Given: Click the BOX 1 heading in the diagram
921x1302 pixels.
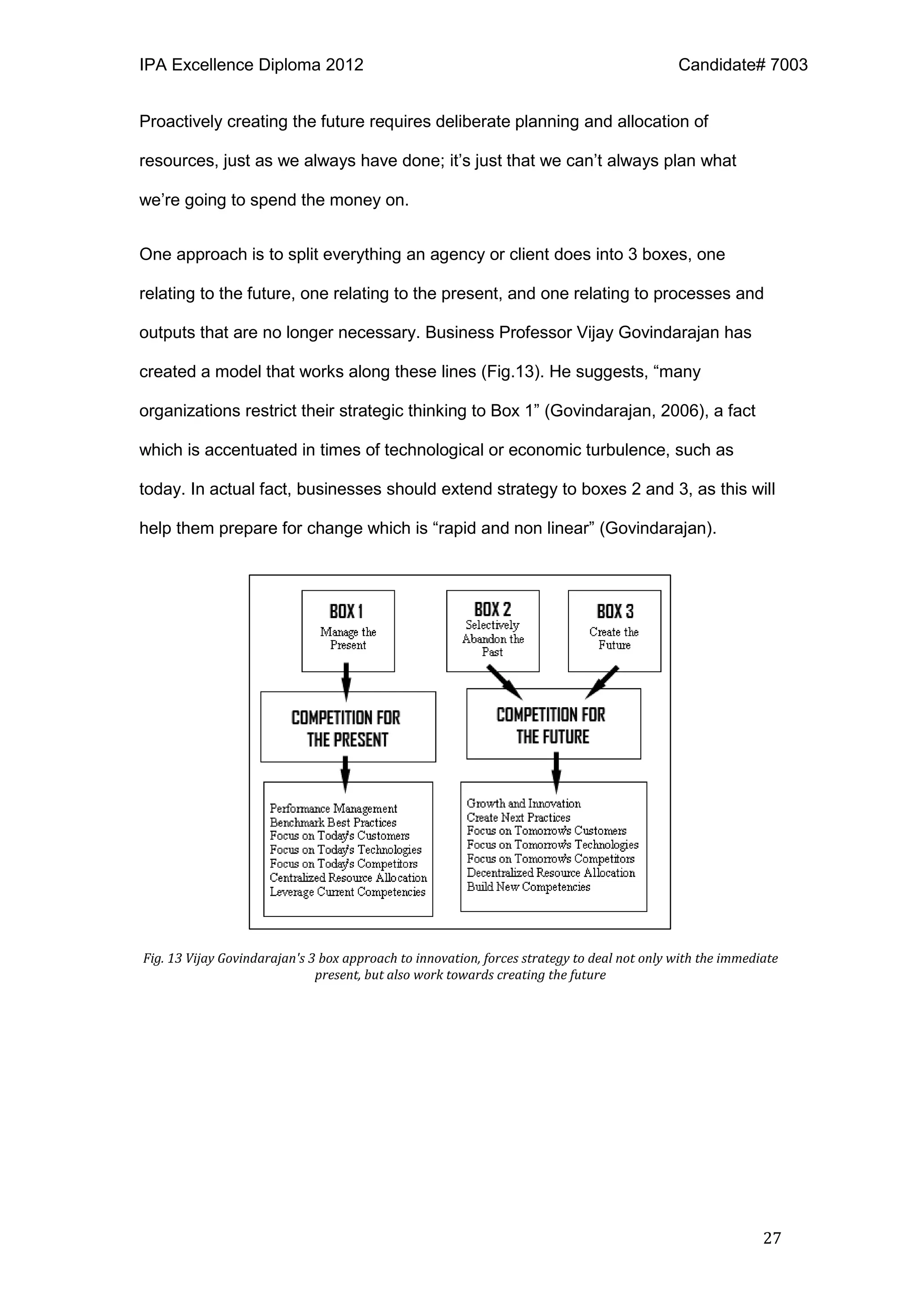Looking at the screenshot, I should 346,611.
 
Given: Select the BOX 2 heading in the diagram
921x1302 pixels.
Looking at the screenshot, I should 492,609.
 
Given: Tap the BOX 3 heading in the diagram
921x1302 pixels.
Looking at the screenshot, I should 615,611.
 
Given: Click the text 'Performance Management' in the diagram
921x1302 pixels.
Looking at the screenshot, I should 333,808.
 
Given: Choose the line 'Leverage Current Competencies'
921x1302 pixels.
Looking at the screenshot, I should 347,891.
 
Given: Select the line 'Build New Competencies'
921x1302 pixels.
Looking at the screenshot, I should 528,886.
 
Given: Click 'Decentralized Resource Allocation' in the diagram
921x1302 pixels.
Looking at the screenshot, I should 550,873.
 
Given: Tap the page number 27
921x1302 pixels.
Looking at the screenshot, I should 772,1238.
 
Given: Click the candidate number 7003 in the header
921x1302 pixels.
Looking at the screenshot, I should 789,65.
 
